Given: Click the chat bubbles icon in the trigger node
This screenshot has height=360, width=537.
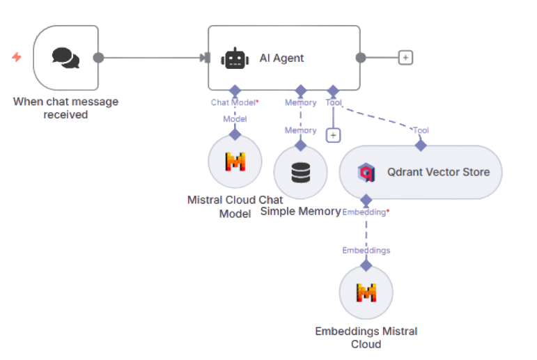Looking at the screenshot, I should (x=65, y=58).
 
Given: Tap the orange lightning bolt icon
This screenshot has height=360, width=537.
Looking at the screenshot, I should (x=17, y=57).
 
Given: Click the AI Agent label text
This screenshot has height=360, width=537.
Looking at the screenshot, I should (x=281, y=58).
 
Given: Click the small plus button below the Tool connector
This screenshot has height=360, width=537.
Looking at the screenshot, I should (x=333, y=135).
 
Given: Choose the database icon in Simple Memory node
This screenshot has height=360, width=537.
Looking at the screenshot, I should (x=300, y=171).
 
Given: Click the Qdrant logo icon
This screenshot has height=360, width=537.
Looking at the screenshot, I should (x=366, y=172).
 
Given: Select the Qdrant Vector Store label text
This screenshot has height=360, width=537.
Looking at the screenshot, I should (x=438, y=172).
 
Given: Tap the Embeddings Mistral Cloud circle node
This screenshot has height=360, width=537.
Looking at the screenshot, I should (x=366, y=292).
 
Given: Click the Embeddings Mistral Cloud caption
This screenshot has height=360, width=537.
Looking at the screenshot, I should (x=366, y=337).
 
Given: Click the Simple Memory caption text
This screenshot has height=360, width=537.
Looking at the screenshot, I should (x=300, y=211).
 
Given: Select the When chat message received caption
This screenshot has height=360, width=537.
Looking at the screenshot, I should (x=65, y=108).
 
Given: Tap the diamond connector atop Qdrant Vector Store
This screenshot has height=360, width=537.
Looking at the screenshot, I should (x=421, y=145).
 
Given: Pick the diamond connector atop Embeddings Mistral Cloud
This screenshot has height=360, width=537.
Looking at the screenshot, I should (x=366, y=265).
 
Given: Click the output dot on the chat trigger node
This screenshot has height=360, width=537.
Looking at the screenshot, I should (x=98, y=57).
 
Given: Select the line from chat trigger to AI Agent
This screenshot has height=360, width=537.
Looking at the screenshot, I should (x=150, y=57).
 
